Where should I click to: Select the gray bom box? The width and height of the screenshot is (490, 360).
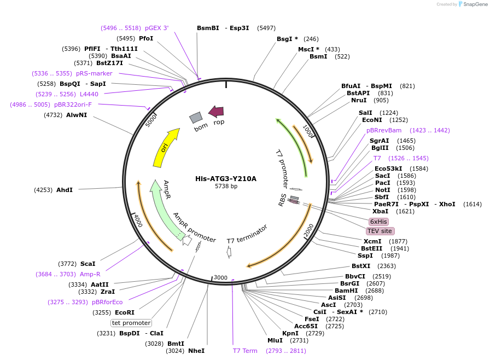coord(196,117)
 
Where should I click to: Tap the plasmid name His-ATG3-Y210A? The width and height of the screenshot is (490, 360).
coord(226,178)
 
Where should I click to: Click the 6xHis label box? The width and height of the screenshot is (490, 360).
coord(378,222)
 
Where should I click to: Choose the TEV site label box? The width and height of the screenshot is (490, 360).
coord(380,231)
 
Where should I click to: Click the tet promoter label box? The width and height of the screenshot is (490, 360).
coord(131,323)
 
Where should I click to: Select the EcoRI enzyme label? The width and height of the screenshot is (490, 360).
coord(124,312)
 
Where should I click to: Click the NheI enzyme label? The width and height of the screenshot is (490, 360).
coord(196,350)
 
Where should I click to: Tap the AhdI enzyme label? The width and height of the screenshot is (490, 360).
coord(65,190)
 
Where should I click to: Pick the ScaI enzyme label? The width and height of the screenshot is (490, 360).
coord(87,264)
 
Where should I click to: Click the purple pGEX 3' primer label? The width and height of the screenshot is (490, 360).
coord(156,28)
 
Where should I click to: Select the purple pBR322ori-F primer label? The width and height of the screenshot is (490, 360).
coord(73,104)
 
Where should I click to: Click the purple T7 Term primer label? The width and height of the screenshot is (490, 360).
coord(245,351)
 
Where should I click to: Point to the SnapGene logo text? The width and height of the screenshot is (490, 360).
coord(474,4)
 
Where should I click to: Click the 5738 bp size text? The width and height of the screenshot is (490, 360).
coord(226,187)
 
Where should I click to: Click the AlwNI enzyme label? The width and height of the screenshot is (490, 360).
coord(77,115)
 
